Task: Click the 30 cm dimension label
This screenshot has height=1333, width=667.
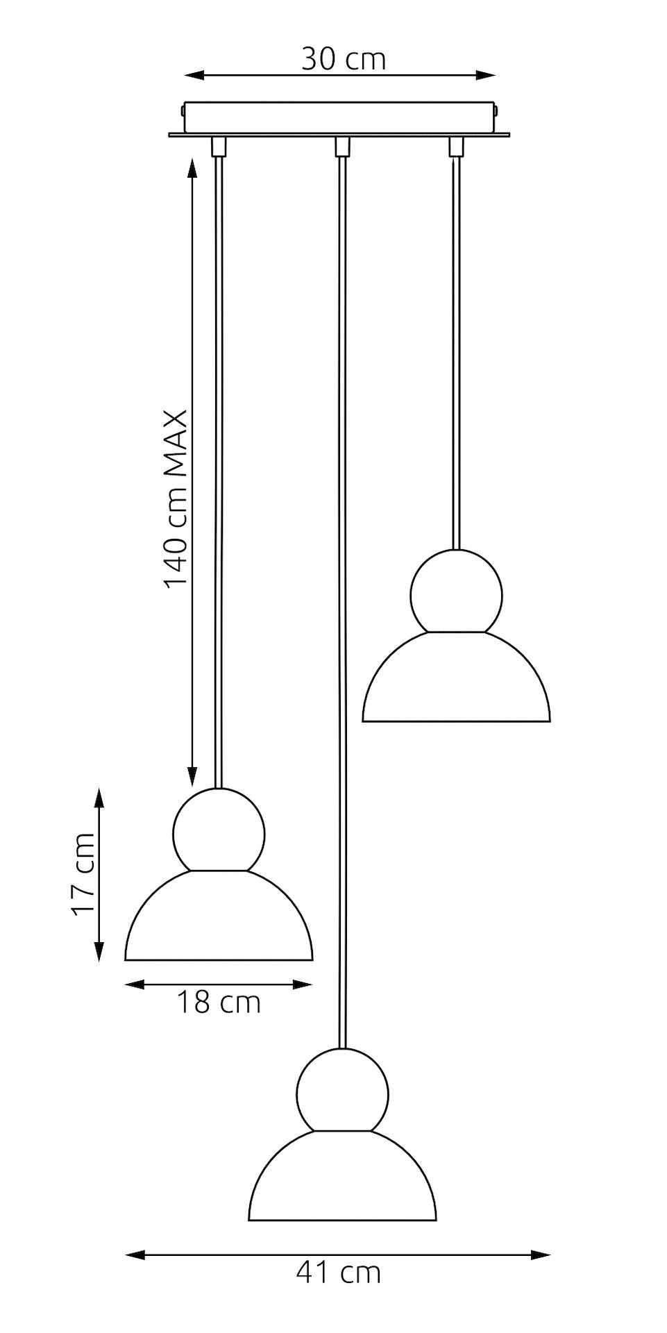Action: click(342, 60)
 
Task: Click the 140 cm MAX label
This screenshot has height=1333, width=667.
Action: click(176, 498)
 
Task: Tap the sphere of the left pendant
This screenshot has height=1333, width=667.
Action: click(219, 830)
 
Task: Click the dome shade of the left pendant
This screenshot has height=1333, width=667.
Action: click(219, 920)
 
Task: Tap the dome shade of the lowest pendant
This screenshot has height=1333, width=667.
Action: click(342, 1180)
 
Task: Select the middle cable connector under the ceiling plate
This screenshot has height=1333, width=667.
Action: click(341, 146)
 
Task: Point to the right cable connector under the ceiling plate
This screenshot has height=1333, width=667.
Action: click(455, 146)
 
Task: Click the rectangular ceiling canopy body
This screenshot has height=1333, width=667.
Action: click(340, 117)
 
